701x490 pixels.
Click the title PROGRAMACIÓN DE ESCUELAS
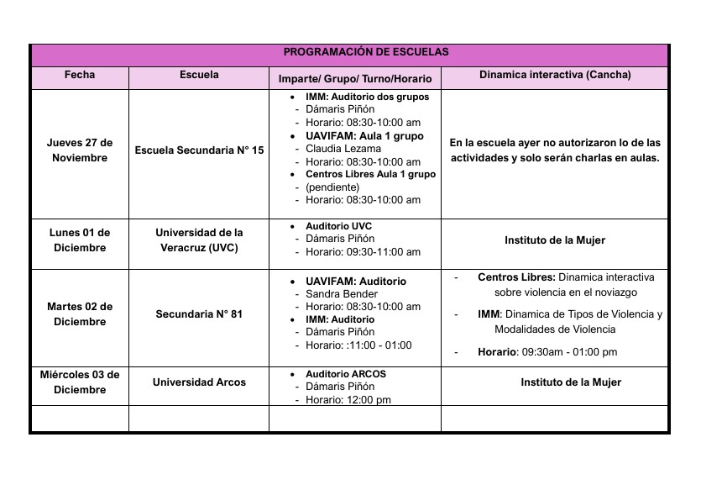366,52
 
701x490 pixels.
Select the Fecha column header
80,75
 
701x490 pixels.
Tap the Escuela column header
199,75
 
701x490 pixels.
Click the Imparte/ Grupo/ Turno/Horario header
354,79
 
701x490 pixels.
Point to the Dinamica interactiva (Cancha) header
555,75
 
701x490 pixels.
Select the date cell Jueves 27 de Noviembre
80,150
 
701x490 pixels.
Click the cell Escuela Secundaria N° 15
199,150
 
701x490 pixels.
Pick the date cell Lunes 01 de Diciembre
80,240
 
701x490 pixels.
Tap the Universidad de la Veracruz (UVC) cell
199,240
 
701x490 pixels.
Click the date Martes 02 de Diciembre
80,314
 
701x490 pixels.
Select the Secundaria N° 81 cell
199,314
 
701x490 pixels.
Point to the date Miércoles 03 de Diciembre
80,382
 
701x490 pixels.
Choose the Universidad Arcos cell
199,382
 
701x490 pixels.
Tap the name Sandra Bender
342,294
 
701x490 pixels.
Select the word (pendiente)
332,187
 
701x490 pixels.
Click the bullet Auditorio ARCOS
346,374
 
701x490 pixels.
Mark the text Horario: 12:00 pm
348,400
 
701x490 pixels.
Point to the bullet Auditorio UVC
339,227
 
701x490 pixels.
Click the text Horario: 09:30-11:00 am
363,252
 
